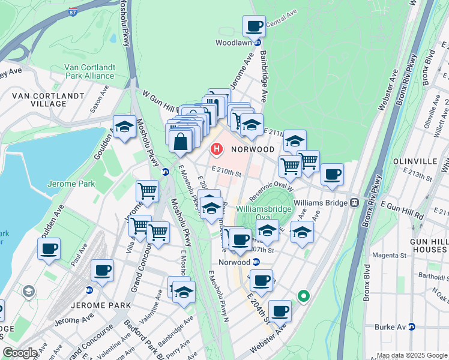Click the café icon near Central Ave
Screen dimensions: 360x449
click(x=254, y=26)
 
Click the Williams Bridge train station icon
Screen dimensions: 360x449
click(x=355, y=203)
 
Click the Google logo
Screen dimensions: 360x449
click(x=20, y=353)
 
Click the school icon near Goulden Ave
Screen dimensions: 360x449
click(x=124, y=127)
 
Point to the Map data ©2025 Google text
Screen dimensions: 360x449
click(x=411, y=355)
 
